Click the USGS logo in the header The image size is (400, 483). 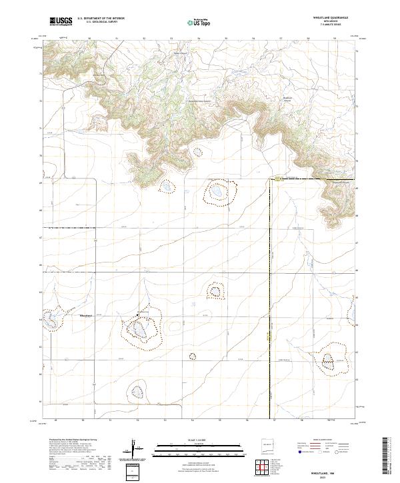pos(61,21)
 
